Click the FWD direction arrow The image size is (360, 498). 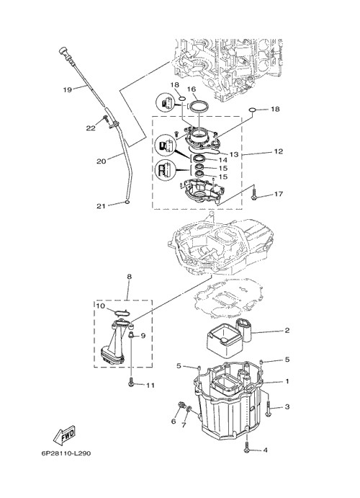point(64,434)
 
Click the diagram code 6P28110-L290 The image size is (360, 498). point(66,453)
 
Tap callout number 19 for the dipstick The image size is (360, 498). point(68,89)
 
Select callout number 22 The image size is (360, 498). point(91,128)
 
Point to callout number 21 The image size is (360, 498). point(101,206)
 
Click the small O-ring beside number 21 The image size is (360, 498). point(127,203)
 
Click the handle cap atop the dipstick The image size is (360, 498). point(63,51)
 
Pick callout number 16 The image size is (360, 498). point(192,89)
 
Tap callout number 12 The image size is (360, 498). point(278,151)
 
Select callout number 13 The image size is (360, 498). point(234,154)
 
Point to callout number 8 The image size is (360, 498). point(129,277)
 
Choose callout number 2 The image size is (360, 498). point(287,331)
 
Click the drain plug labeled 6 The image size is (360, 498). point(181,405)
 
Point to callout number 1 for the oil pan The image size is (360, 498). point(287,381)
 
